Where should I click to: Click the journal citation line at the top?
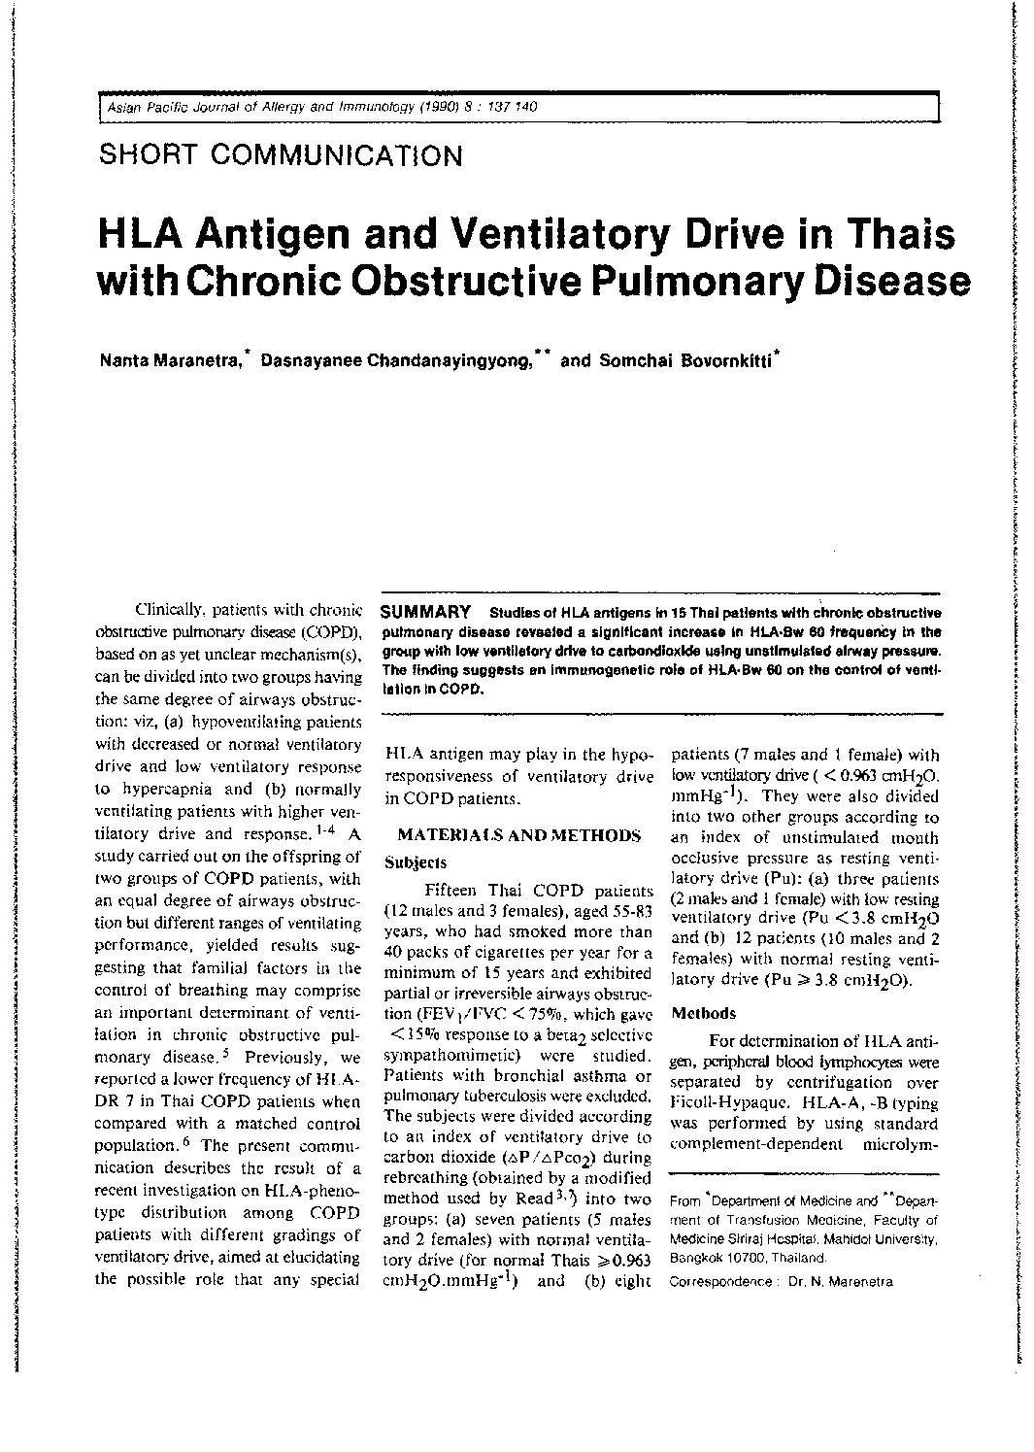tap(321, 107)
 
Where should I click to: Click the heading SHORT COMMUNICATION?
tap(282, 155)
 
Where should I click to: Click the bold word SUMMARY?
tap(425, 612)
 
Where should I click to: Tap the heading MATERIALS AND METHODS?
tap(519, 835)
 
